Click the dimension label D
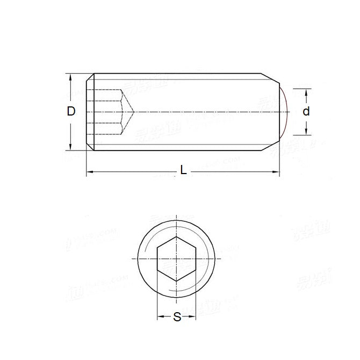tap(71, 111)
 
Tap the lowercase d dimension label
tap(306, 111)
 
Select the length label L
tap(183, 170)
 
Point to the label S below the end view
tap(177, 318)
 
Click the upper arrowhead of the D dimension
tap(71, 77)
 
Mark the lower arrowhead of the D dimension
tap(71, 147)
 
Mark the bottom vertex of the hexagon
tap(177, 280)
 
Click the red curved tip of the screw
tap(288, 111)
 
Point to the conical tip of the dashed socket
tap(133, 111)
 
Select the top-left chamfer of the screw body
tap(90, 76)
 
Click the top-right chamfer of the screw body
tap(271, 76)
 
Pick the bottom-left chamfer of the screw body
tap(90, 148)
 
